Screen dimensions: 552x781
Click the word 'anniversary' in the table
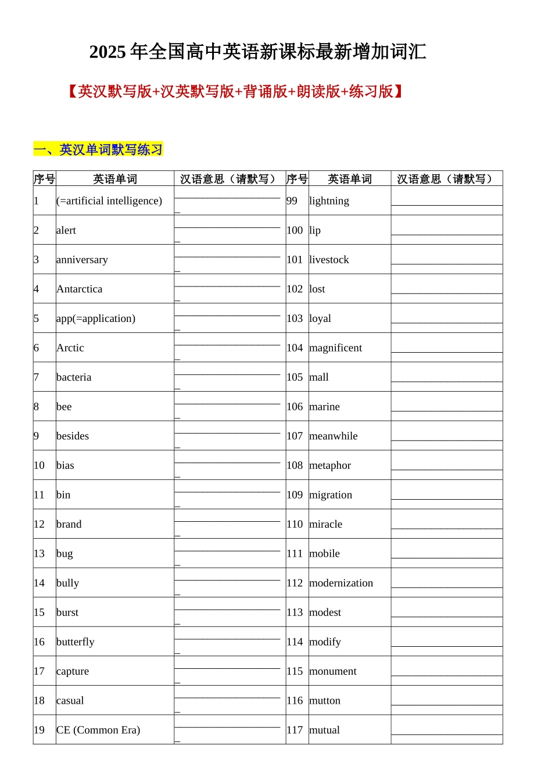[82, 260]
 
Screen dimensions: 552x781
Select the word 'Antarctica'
[79, 289]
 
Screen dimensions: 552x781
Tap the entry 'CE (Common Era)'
[98, 730]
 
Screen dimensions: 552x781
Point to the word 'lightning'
[329, 201]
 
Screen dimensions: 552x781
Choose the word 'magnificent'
[335, 348]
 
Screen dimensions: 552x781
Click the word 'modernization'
[341, 583]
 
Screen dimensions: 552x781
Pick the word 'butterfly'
[75, 642]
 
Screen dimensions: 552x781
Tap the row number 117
[295, 730]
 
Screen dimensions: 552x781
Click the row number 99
[292, 201]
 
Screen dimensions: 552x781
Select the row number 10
[39, 465]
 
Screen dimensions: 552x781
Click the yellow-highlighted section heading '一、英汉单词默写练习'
[98, 149]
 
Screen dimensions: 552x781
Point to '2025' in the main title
[107, 52]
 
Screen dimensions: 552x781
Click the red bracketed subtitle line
[235, 91]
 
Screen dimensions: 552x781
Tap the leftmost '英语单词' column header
[115, 179]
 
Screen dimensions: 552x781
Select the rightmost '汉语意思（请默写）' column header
[446, 179]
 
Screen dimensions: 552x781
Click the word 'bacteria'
[74, 377]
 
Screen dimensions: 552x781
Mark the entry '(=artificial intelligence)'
[109, 201]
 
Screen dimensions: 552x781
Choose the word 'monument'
[333, 671]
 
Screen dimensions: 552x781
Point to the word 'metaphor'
[330, 465]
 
